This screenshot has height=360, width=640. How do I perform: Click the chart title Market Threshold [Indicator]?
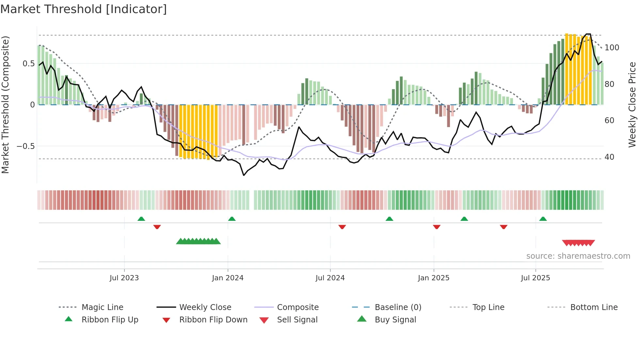[84, 9]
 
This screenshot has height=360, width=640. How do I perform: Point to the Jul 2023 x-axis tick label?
[124, 278]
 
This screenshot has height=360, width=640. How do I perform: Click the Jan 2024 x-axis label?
[228, 278]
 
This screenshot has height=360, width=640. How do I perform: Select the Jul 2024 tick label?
[330, 278]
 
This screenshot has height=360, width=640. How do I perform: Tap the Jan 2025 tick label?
[434, 278]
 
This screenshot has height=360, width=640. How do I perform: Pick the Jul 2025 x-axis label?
[536, 278]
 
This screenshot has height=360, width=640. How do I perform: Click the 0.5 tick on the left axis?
[28, 64]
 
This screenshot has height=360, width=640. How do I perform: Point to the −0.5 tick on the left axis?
[26, 146]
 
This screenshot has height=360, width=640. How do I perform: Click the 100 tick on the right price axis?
[612, 48]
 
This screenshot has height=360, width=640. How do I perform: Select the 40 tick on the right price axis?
[609, 157]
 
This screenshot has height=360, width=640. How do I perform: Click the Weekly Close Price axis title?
[632, 105]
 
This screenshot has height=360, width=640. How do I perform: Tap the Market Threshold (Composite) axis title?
[6, 105]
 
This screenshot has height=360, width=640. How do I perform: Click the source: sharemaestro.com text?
[578, 256]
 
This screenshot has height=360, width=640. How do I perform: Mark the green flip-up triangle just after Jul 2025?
[543, 219]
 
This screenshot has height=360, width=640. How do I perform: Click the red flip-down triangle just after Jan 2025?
[437, 227]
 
